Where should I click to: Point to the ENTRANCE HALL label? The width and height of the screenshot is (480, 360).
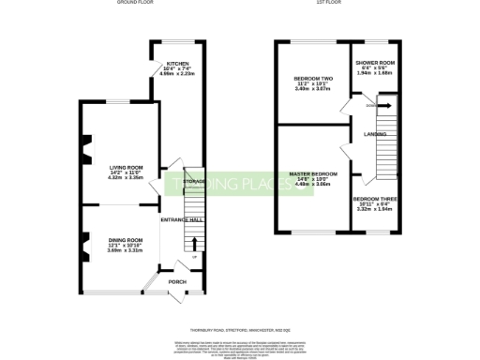point(182,219)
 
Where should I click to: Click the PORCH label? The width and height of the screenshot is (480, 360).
point(176,281)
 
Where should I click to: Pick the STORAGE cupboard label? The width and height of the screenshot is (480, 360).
point(194,181)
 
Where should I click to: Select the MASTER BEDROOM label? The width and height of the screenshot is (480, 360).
point(312,174)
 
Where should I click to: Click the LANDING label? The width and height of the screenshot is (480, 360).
point(376,134)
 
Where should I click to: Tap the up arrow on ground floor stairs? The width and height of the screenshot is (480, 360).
point(194,246)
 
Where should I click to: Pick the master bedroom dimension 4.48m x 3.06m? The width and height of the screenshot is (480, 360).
point(312,185)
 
